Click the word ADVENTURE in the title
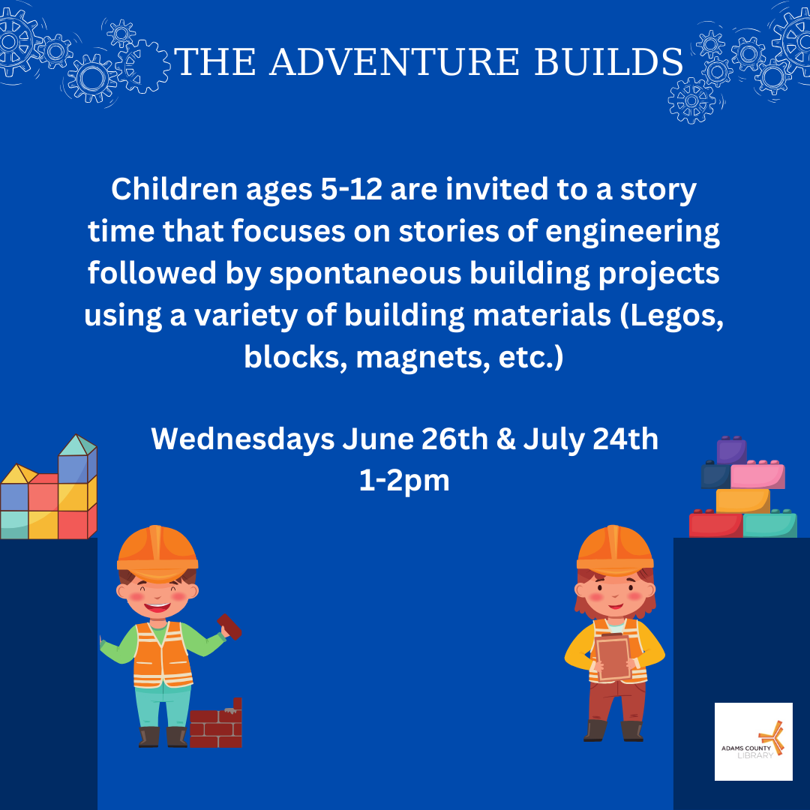click(x=394, y=62)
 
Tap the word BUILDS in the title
click(x=608, y=62)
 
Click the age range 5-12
click(x=351, y=189)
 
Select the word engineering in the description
click(x=632, y=232)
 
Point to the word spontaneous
click(x=365, y=274)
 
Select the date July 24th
click(x=590, y=440)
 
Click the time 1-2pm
click(x=404, y=481)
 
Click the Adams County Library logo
click(x=753, y=741)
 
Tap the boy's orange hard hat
click(x=157, y=552)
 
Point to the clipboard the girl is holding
click(x=613, y=657)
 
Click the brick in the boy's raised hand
click(x=229, y=626)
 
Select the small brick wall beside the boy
click(x=216, y=723)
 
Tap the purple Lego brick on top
click(x=731, y=450)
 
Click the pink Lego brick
click(x=757, y=475)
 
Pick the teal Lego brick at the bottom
click(x=769, y=523)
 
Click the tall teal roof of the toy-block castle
click(x=77, y=445)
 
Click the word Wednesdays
click(x=243, y=440)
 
